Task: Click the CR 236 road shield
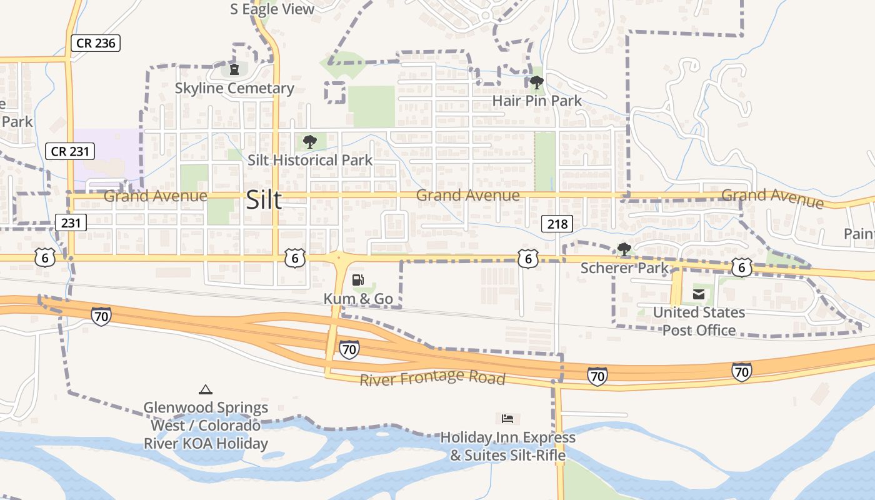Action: pyautogui.click(x=95, y=43)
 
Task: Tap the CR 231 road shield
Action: pyautogui.click(x=70, y=151)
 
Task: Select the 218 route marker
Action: pyautogui.click(x=557, y=224)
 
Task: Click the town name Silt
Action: pyautogui.click(x=264, y=200)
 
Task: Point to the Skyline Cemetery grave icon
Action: pyautogui.click(x=234, y=69)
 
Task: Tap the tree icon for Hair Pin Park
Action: pyautogui.click(x=536, y=82)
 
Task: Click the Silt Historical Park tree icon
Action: pyautogui.click(x=309, y=142)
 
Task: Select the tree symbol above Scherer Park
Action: pyautogui.click(x=624, y=249)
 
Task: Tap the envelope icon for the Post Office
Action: pyautogui.click(x=698, y=294)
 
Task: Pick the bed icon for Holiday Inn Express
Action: pyautogui.click(x=507, y=418)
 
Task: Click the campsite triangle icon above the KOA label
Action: pyautogui.click(x=205, y=389)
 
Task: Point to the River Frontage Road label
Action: pyautogui.click(x=432, y=378)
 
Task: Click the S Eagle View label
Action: pyautogui.click(x=272, y=9)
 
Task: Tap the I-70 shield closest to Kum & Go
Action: pyautogui.click(x=349, y=349)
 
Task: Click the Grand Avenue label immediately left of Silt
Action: pyautogui.click(x=155, y=196)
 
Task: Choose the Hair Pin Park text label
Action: pyautogui.click(x=537, y=100)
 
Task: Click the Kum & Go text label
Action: pyautogui.click(x=358, y=299)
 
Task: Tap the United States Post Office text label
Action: pyautogui.click(x=699, y=321)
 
